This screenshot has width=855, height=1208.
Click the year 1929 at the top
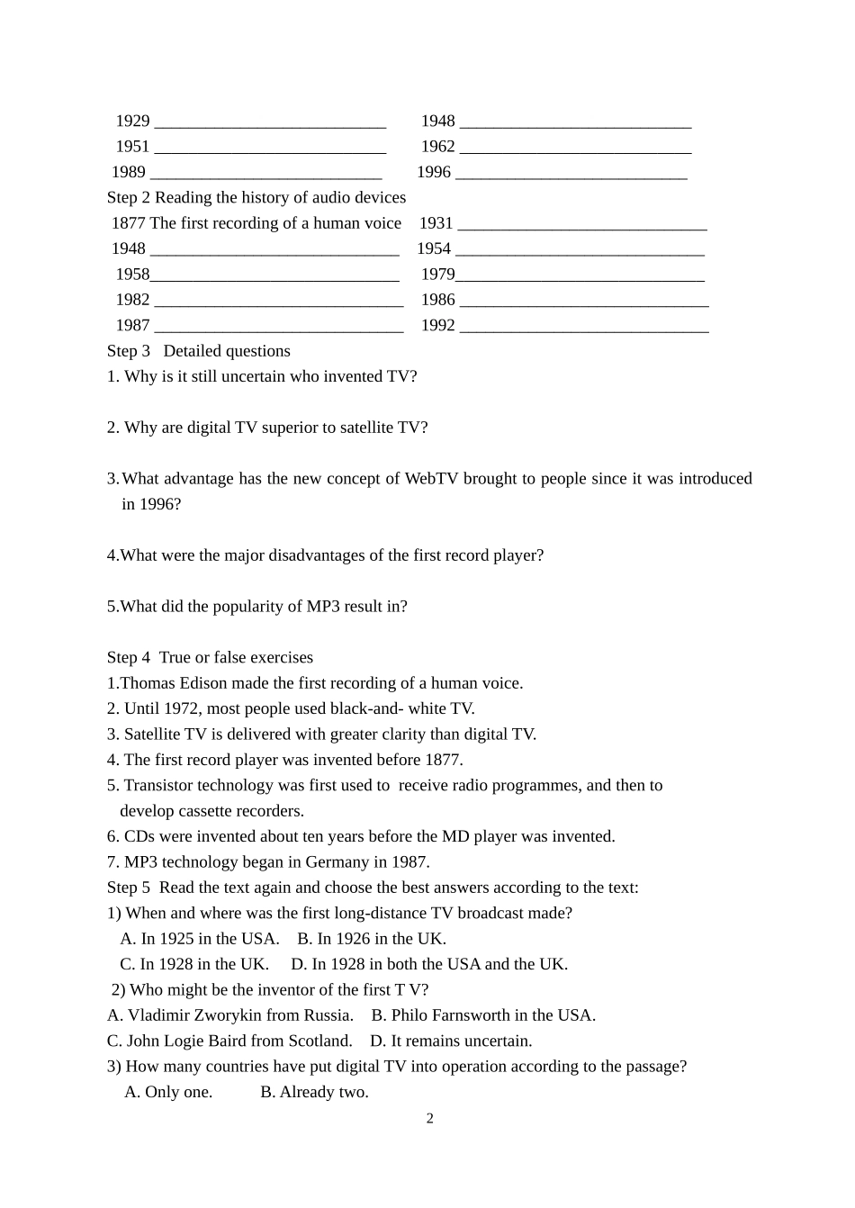point(132,121)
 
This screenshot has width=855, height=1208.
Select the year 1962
point(437,147)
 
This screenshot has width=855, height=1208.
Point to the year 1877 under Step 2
point(128,223)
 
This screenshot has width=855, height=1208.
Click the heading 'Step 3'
point(129,351)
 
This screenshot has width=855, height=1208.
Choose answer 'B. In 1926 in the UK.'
point(372,939)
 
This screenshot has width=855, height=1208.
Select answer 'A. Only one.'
point(168,1092)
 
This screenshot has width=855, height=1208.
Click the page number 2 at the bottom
point(429,1119)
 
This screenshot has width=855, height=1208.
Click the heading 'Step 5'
point(129,888)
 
